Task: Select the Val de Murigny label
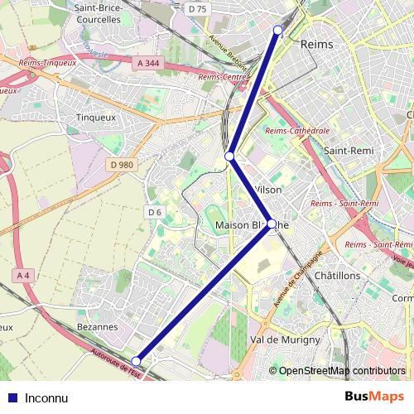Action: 284,340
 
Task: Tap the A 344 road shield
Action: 147,62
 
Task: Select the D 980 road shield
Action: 121,165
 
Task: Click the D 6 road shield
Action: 154,212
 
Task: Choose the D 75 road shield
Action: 197,8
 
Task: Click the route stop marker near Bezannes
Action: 137,360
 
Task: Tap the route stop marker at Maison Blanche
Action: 271,224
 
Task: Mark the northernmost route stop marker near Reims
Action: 277,30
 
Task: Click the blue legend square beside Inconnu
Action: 12,397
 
